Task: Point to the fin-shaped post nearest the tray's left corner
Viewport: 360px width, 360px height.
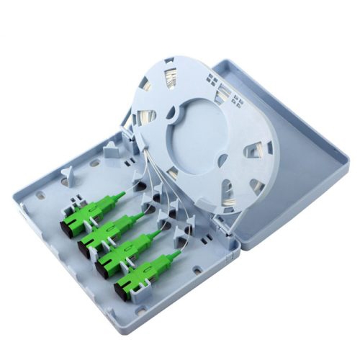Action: coord(66,173)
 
